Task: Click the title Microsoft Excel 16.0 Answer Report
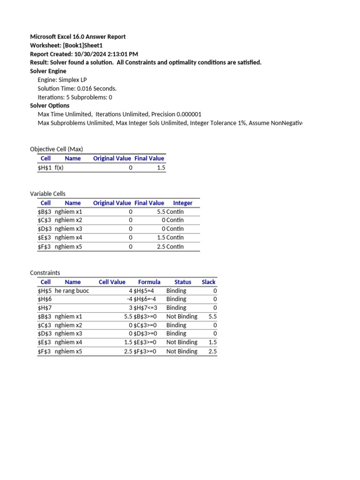click(78, 37)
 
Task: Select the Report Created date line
click(84, 54)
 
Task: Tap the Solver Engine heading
click(48, 71)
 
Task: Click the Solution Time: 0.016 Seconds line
click(77, 88)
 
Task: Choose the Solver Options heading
click(50, 105)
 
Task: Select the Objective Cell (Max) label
click(56, 149)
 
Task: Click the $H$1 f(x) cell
click(51, 167)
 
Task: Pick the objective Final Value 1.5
click(161, 167)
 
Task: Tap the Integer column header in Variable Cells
click(183, 203)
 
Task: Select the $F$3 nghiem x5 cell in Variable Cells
click(60, 247)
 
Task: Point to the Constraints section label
click(45, 273)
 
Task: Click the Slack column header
click(209, 282)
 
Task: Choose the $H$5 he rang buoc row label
click(63, 291)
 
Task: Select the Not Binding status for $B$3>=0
click(182, 316)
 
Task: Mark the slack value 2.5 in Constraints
click(212, 351)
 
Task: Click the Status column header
click(183, 282)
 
